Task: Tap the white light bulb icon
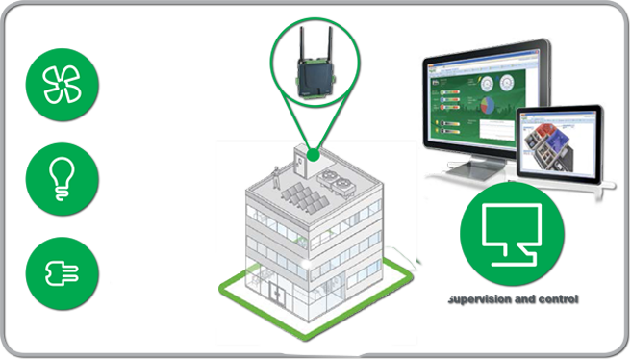click(63, 177)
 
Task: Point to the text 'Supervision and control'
click(513, 300)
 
